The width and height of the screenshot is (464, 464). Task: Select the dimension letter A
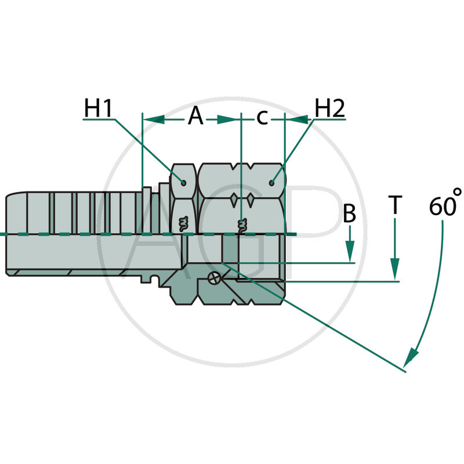[x=196, y=118]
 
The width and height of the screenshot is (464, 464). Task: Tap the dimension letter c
[x=262, y=118]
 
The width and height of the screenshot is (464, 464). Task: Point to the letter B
[x=349, y=214]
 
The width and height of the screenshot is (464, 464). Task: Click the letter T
[x=395, y=204]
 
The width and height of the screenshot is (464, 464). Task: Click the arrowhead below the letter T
[x=395, y=270]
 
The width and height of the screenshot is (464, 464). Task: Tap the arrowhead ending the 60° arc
[x=412, y=355]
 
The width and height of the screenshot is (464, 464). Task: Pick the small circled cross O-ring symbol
[x=213, y=278]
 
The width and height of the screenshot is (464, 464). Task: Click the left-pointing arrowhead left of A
[x=152, y=118]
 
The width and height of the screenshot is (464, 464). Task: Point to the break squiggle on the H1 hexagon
[x=184, y=222]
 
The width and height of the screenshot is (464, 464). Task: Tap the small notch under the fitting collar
[x=154, y=280]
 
